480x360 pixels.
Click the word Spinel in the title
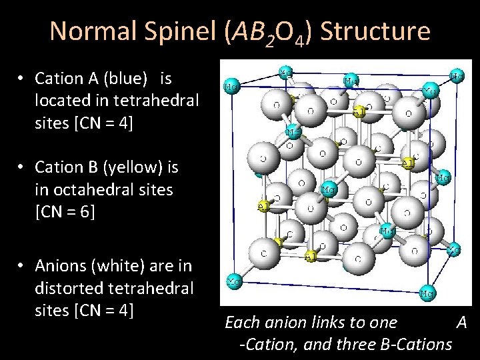pyautogui.click(x=179, y=31)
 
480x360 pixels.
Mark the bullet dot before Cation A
pyautogui.click(x=22, y=79)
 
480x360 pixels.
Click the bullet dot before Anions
pyautogui.click(x=22, y=266)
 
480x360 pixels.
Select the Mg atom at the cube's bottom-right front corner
pyautogui.click(x=427, y=292)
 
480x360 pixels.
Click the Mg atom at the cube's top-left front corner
pyautogui.click(x=232, y=87)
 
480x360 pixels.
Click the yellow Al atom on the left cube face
pyautogui.click(x=264, y=206)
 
